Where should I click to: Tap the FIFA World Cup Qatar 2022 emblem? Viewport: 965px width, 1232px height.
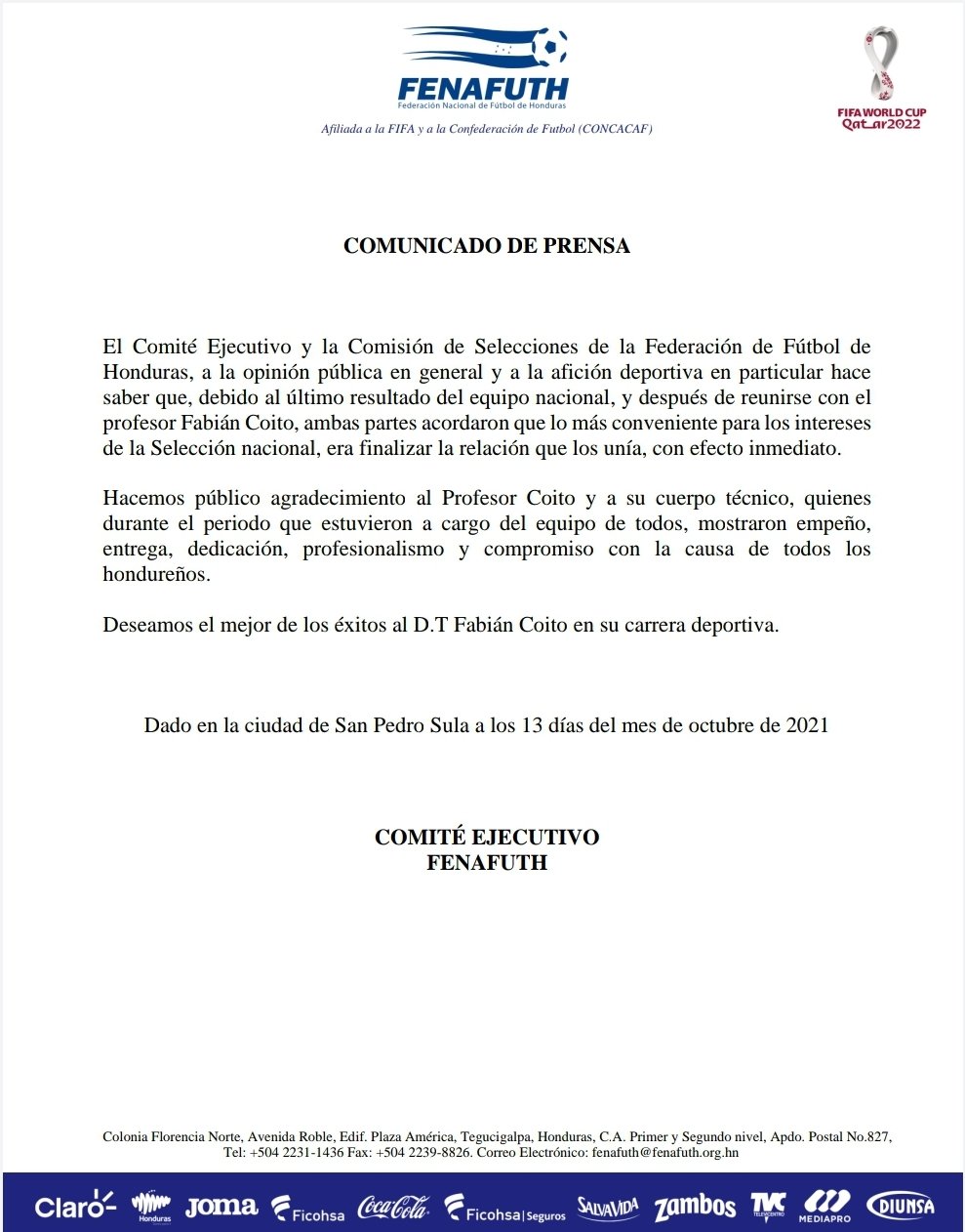pos(881,78)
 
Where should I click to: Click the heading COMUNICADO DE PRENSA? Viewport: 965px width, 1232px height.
pos(486,246)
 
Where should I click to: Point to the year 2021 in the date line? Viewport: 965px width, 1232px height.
pos(807,725)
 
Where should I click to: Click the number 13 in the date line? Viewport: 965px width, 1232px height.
pos(532,725)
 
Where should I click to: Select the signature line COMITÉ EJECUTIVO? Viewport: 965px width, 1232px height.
pos(486,838)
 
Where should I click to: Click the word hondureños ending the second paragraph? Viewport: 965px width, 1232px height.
pos(155,575)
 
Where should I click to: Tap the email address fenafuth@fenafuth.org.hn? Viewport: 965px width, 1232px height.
pos(664,1152)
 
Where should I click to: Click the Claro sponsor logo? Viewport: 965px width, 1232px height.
pos(75,1207)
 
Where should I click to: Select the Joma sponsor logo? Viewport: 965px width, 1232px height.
pos(221,1207)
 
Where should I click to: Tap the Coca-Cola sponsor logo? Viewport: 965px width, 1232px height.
pos(393,1208)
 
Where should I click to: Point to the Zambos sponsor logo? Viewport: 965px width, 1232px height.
pos(695,1208)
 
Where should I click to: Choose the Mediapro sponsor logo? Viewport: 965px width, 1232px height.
pos(824,1207)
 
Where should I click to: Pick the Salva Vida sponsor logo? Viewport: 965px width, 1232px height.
pos(607,1208)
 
